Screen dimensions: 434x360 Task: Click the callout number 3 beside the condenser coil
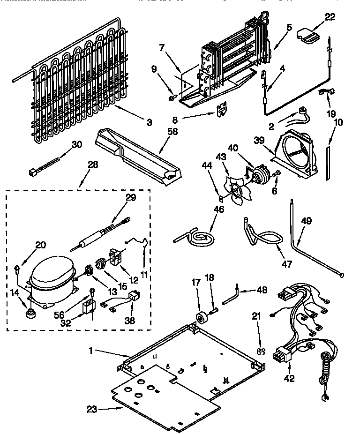[149, 123]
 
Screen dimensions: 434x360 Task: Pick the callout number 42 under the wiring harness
[289, 379]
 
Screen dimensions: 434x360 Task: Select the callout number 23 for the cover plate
[92, 409]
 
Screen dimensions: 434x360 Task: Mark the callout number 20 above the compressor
[41, 244]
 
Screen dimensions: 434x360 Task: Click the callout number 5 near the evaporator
[289, 27]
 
